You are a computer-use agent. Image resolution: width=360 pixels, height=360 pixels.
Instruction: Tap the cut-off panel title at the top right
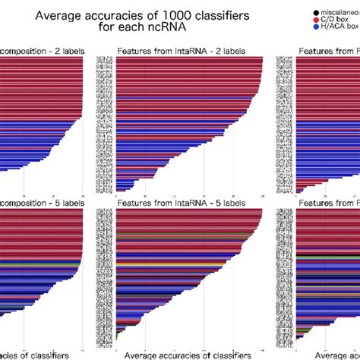tap(329, 51)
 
